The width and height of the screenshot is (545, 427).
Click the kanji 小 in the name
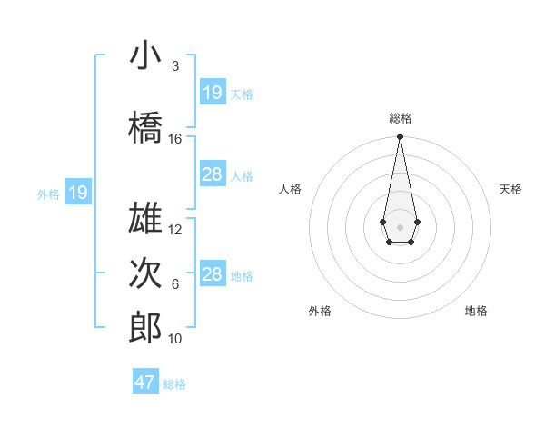click(x=145, y=56)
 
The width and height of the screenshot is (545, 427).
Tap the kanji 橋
click(x=145, y=128)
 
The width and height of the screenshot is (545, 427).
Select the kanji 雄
click(x=145, y=219)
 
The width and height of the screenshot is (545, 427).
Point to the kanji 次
click(x=145, y=273)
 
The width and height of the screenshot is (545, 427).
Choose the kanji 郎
click(x=145, y=328)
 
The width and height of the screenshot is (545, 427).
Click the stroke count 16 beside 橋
click(x=175, y=139)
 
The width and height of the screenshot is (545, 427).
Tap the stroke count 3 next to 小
click(x=175, y=66)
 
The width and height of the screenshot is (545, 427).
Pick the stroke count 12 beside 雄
click(x=175, y=230)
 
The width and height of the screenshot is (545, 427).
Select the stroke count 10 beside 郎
click(x=175, y=339)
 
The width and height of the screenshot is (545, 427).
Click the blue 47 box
click(x=145, y=382)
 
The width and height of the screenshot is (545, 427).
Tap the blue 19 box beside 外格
click(x=78, y=193)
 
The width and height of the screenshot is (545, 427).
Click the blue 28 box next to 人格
click(x=212, y=174)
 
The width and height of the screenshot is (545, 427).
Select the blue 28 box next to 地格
click(x=212, y=274)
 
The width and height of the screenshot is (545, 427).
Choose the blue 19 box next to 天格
click(x=212, y=93)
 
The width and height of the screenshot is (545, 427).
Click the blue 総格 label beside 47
click(x=174, y=383)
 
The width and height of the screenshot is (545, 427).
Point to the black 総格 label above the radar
click(x=400, y=118)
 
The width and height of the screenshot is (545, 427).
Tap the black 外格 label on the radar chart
click(x=320, y=311)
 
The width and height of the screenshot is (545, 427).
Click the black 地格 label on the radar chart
click(x=476, y=311)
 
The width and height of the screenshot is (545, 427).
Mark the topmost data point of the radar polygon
click(x=400, y=137)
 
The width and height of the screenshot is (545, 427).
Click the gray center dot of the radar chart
click(x=400, y=226)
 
